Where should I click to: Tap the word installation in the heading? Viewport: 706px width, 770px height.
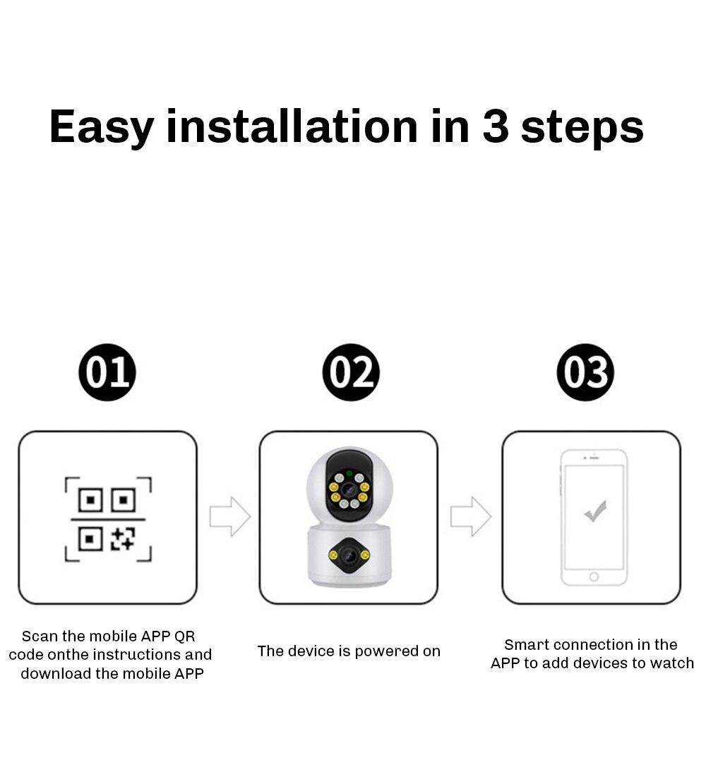[x=292, y=126]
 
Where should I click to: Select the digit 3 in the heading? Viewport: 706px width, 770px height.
[x=495, y=126]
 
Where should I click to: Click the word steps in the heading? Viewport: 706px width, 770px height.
[x=582, y=129]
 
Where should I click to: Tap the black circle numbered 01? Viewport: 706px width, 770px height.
[x=107, y=372]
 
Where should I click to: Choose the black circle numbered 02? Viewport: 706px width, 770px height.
[x=351, y=372]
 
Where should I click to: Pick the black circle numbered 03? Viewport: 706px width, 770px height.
[x=585, y=372]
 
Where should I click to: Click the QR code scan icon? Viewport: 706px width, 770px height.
[x=108, y=519]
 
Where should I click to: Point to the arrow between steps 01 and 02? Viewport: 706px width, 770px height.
[x=230, y=516]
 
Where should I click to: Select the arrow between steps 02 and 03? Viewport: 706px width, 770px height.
[x=470, y=516]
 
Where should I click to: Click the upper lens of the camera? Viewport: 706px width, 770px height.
[x=349, y=489]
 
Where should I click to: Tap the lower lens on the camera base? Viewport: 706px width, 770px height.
[x=349, y=555]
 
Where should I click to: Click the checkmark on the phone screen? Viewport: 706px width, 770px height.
[x=595, y=511]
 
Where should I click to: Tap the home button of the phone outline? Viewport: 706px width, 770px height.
[x=594, y=576]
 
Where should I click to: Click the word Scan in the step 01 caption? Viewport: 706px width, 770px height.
[x=40, y=636]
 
